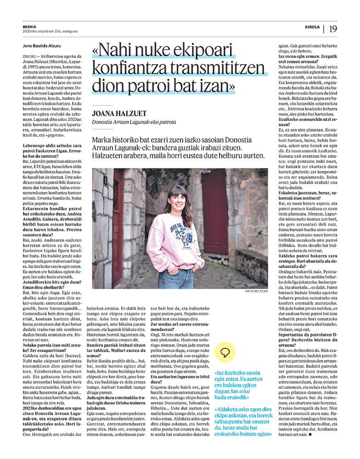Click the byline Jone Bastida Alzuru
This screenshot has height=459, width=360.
(41, 45)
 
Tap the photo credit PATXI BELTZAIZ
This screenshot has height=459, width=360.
(257, 291)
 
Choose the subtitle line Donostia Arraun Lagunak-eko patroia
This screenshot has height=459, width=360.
(134, 122)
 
